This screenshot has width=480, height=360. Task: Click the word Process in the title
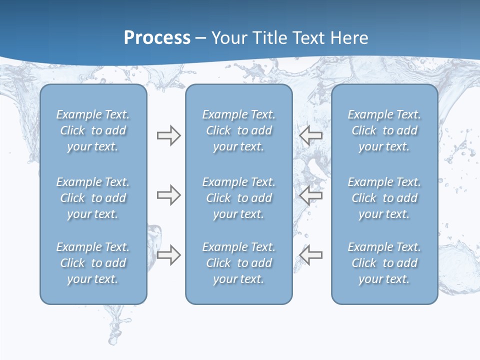click(157, 38)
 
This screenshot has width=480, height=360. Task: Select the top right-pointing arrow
click(168, 135)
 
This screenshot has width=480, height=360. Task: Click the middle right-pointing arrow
click(168, 195)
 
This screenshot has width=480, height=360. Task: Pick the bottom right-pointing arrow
click(168, 255)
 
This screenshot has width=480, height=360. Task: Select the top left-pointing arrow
click(310, 135)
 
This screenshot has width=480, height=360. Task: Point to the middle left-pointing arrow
click(310, 195)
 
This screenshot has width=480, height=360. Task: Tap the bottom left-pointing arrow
click(310, 255)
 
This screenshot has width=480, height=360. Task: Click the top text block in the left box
click(93, 130)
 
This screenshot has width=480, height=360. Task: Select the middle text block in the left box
click(93, 198)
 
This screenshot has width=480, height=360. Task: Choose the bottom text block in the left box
click(93, 263)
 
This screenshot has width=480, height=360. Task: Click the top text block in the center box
click(238, 130)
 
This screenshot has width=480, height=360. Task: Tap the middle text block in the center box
click(238, 198)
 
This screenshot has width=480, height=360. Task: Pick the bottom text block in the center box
click(238, 263)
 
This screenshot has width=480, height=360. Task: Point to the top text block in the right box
click(384, 130)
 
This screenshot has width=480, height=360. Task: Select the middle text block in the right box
click(384, 198)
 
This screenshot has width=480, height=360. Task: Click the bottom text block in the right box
click(384, 263)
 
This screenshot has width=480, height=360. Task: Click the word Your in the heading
click(228, 38)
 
